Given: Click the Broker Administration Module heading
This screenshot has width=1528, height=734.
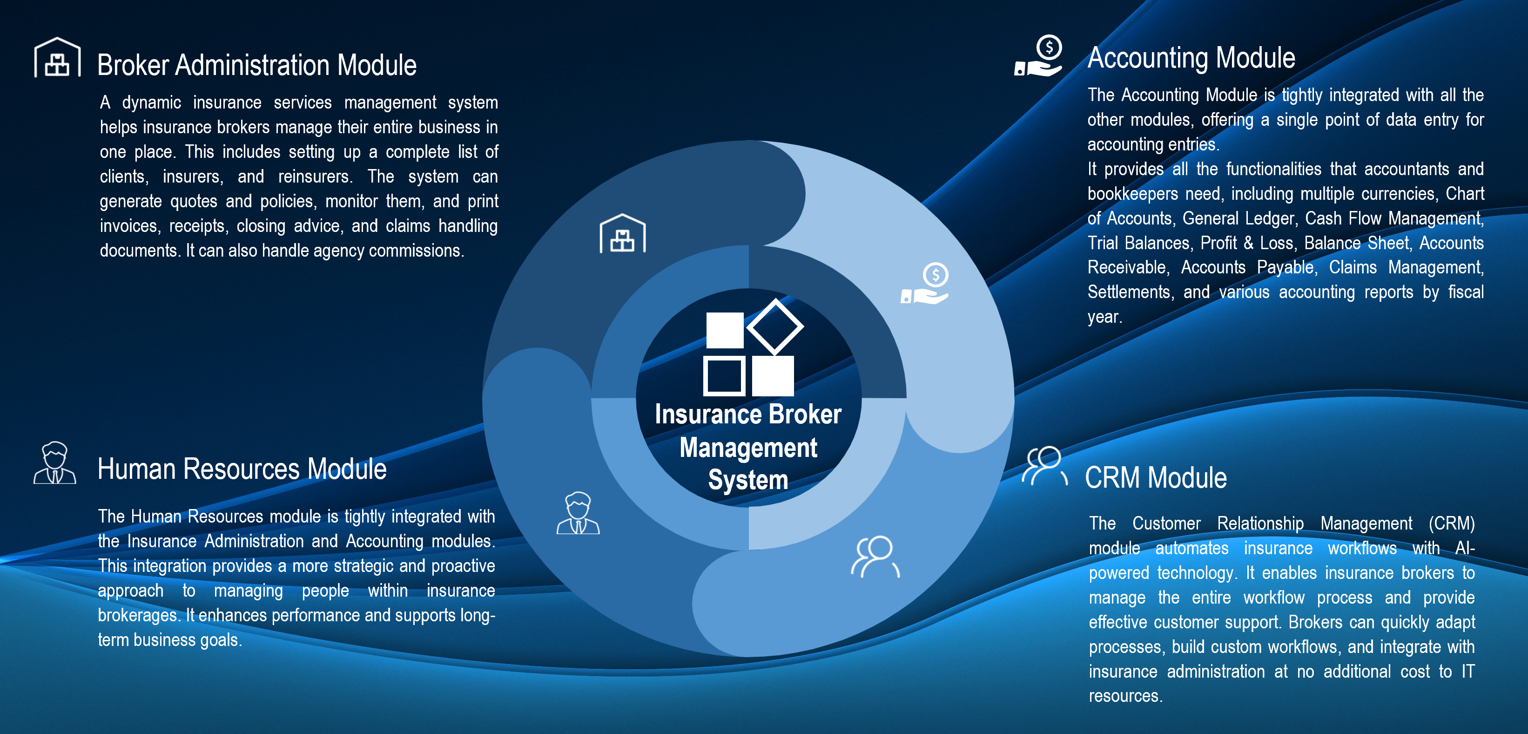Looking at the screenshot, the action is click(257, 65).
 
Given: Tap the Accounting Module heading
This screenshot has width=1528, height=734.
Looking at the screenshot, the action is click(1191, 58).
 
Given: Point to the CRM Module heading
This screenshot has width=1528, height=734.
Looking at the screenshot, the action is click(1156, 478).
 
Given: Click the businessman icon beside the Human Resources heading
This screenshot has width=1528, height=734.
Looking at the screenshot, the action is click(54, 463).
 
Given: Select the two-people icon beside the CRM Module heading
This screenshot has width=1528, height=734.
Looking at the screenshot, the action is click(1044, 466).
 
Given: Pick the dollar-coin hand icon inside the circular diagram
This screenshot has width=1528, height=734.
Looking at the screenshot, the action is click(925, 284).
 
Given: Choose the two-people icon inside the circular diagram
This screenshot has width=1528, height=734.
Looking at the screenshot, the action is click(875, 557).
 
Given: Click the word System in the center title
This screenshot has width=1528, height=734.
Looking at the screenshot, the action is click(748, 479).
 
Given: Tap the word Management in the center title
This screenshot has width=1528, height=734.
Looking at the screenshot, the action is click(748, 448).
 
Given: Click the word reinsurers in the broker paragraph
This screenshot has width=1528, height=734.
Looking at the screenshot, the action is click(315, 177).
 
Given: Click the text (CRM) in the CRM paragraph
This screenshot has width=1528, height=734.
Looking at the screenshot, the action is click(1452, 523).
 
